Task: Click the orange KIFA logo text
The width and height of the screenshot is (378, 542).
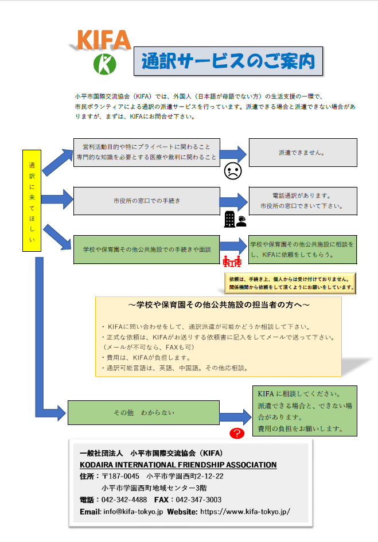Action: point(104,40)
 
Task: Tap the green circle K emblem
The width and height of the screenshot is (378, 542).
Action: point(105,64)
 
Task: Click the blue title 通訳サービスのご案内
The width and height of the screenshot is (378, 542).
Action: point(228,61)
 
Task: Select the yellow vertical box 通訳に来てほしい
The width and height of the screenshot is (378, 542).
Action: point(32,201)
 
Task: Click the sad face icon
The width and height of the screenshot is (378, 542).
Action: point(233,171)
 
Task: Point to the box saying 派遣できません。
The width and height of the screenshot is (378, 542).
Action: point(303,153)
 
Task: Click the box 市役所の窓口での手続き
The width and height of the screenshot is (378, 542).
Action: point(147,201)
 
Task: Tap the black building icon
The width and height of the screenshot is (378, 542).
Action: point(229,219)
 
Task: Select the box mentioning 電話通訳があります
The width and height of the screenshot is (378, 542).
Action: point(303,201)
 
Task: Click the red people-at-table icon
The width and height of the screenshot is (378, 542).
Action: point(232,261)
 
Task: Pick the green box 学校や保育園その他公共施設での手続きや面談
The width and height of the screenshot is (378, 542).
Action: point(147,249)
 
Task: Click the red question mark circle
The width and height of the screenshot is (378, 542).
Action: point(237,433)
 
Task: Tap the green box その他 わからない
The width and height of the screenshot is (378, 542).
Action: point(143,412)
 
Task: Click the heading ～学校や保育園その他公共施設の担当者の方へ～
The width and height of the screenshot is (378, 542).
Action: point(219,305)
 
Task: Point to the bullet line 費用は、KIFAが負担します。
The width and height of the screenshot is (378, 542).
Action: point(146,357)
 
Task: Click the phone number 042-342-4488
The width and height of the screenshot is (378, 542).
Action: point(124,500)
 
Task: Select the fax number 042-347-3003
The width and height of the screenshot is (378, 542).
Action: point(198,500)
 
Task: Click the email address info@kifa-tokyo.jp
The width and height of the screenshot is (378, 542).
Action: point(133,512)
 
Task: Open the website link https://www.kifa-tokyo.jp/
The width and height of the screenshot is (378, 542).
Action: point(245,512)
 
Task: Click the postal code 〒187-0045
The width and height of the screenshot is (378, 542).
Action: point(120,476)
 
